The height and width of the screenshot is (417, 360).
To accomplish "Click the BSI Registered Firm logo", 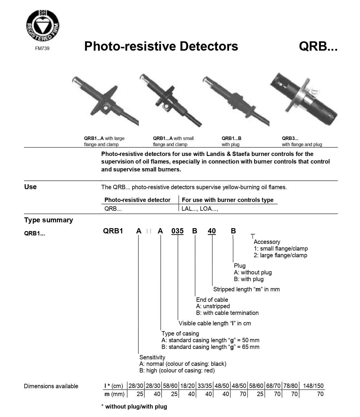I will pos(42,25).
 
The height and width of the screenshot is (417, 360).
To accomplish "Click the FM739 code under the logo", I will pos(42,49).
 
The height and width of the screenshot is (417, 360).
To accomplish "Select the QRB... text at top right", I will pos(318,46).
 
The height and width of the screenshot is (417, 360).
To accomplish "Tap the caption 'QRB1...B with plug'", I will pos(231,141).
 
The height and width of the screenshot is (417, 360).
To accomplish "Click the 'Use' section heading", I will pos(30,187).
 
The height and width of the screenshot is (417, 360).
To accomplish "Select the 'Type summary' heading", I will pos(49,220).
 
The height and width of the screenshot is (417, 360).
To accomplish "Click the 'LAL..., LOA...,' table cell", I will pos(200,209).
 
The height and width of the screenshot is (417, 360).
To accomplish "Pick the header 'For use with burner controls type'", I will pos(228,200).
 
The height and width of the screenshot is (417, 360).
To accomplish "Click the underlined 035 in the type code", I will pos(178,231).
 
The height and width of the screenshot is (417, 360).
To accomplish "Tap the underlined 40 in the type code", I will pos(212,231).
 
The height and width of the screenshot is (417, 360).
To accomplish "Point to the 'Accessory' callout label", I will pos(267,242).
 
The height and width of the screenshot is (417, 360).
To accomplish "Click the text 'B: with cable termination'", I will pos(227,313).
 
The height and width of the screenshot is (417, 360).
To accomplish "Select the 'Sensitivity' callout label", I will pos(152,357).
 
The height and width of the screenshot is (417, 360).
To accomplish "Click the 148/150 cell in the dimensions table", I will pos(313,386).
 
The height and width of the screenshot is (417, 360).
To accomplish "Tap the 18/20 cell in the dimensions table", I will pos(187,386).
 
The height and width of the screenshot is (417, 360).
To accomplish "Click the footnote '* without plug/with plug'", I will pos(134,407).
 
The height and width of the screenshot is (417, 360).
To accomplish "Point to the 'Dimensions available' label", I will pos(51,386).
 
